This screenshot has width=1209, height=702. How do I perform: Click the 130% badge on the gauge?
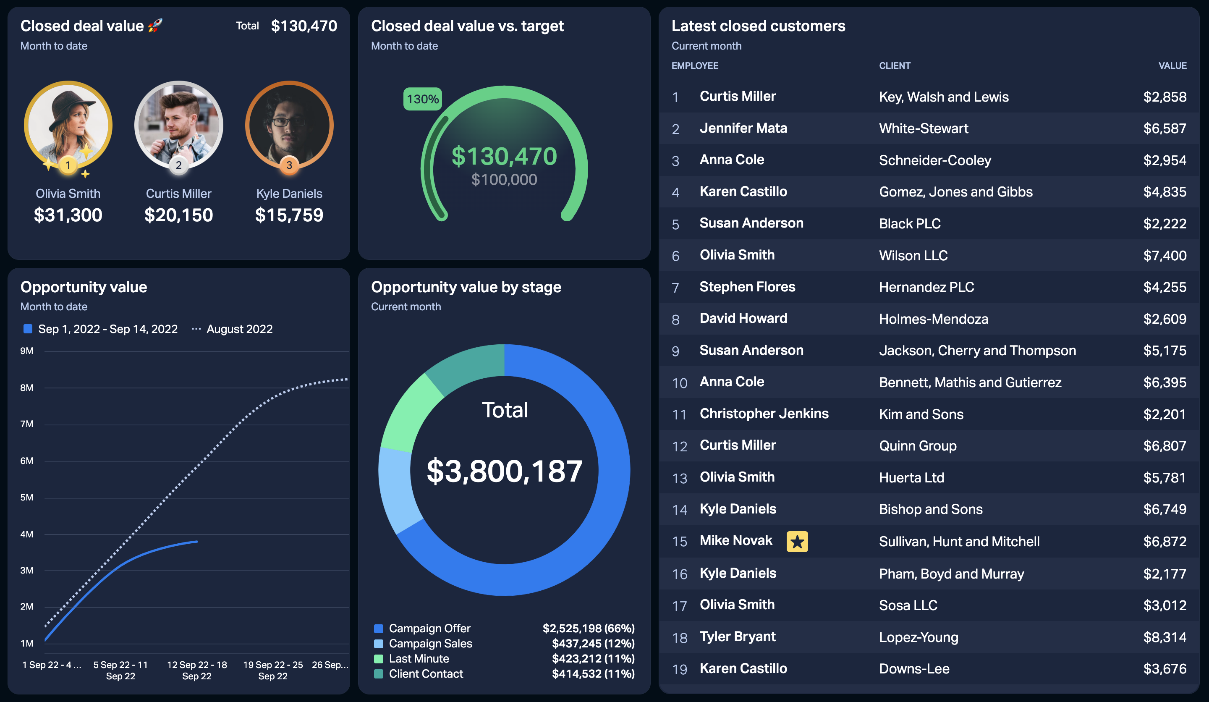coord(422,99)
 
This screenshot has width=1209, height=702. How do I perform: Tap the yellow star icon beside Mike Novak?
coord(797,541)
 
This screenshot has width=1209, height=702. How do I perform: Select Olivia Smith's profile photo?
coord(68,125)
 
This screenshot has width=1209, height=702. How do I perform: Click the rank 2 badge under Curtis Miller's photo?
coord(178,165)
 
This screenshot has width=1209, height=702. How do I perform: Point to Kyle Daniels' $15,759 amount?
coord(289,215)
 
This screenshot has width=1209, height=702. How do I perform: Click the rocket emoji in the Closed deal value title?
coord(155,26)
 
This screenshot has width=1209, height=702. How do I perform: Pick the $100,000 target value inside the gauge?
coord(504,179)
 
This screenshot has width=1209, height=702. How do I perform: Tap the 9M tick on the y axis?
coord(27,351)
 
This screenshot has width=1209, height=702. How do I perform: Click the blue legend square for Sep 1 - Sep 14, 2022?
coord(28,329)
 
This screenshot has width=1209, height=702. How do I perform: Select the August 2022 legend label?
coord(239,329)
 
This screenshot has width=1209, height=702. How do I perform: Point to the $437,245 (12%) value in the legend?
coord(593,644)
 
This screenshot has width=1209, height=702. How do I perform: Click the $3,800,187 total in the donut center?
coord(504,471)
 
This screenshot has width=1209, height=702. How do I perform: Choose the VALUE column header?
coord(1172,66)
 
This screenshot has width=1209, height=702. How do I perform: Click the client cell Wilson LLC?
coord(913,255)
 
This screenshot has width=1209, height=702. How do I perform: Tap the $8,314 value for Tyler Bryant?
coord(1165,637)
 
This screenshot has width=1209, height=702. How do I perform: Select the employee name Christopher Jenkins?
coord(764,414)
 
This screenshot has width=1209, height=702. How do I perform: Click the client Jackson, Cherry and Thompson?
coord(977,351)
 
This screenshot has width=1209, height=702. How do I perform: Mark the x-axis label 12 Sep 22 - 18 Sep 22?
coord(197,671)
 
